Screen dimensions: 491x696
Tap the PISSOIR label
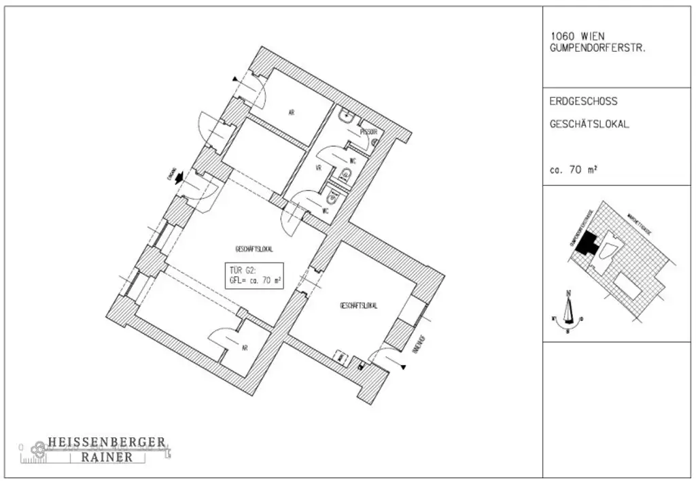[368, 131]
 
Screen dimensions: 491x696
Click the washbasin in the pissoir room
[347, 116]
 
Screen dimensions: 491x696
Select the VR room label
[317, 167]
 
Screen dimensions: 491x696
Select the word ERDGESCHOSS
[583, 101]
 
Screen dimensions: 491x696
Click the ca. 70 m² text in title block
[573, 171]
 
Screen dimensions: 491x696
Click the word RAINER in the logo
[107, 458]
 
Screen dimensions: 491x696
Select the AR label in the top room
[291, 113]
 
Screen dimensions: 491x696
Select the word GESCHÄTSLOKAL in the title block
[589, 125]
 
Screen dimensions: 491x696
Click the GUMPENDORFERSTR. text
[596, 49]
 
